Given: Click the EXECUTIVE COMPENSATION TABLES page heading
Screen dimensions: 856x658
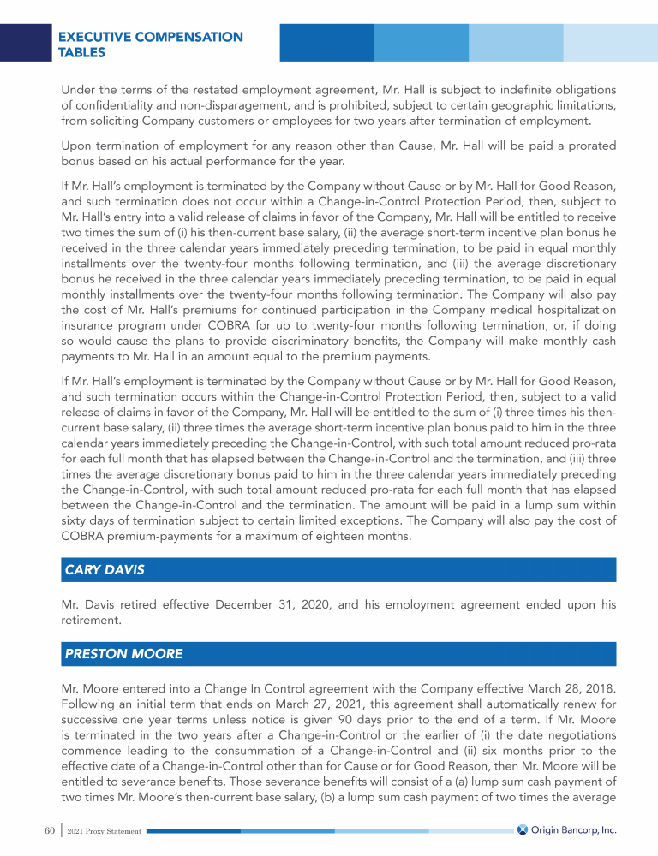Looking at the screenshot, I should [150, 45].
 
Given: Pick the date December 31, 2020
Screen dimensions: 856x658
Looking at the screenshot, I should [264, 604].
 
